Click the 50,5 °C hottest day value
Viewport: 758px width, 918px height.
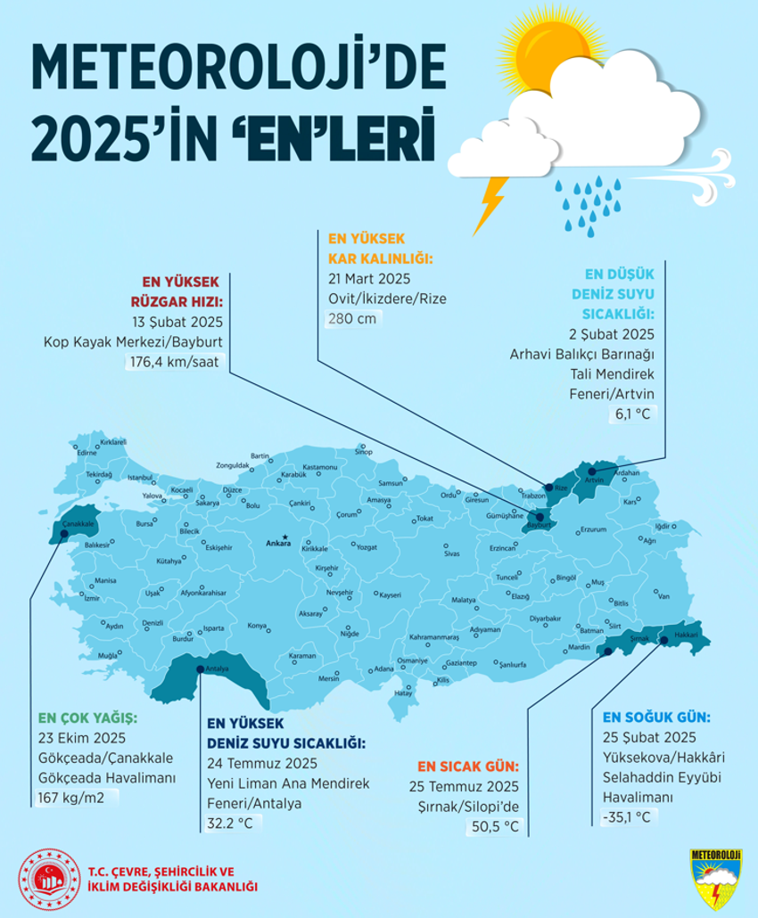(x=493, y=826)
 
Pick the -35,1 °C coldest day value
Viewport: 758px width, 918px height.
(x=630, y=815)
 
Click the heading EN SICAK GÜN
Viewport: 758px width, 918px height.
(x=467, y=766)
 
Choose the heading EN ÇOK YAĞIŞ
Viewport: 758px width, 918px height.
(x=88, y=717)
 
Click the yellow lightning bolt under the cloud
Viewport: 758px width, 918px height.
(x=490, y=204)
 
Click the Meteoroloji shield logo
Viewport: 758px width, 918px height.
(x=715, y=878)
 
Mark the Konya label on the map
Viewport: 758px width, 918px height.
(x=258, y=626)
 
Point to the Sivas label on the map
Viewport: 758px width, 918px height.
(x=453, y=553)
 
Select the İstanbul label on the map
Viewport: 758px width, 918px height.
(x=141, y=478)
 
